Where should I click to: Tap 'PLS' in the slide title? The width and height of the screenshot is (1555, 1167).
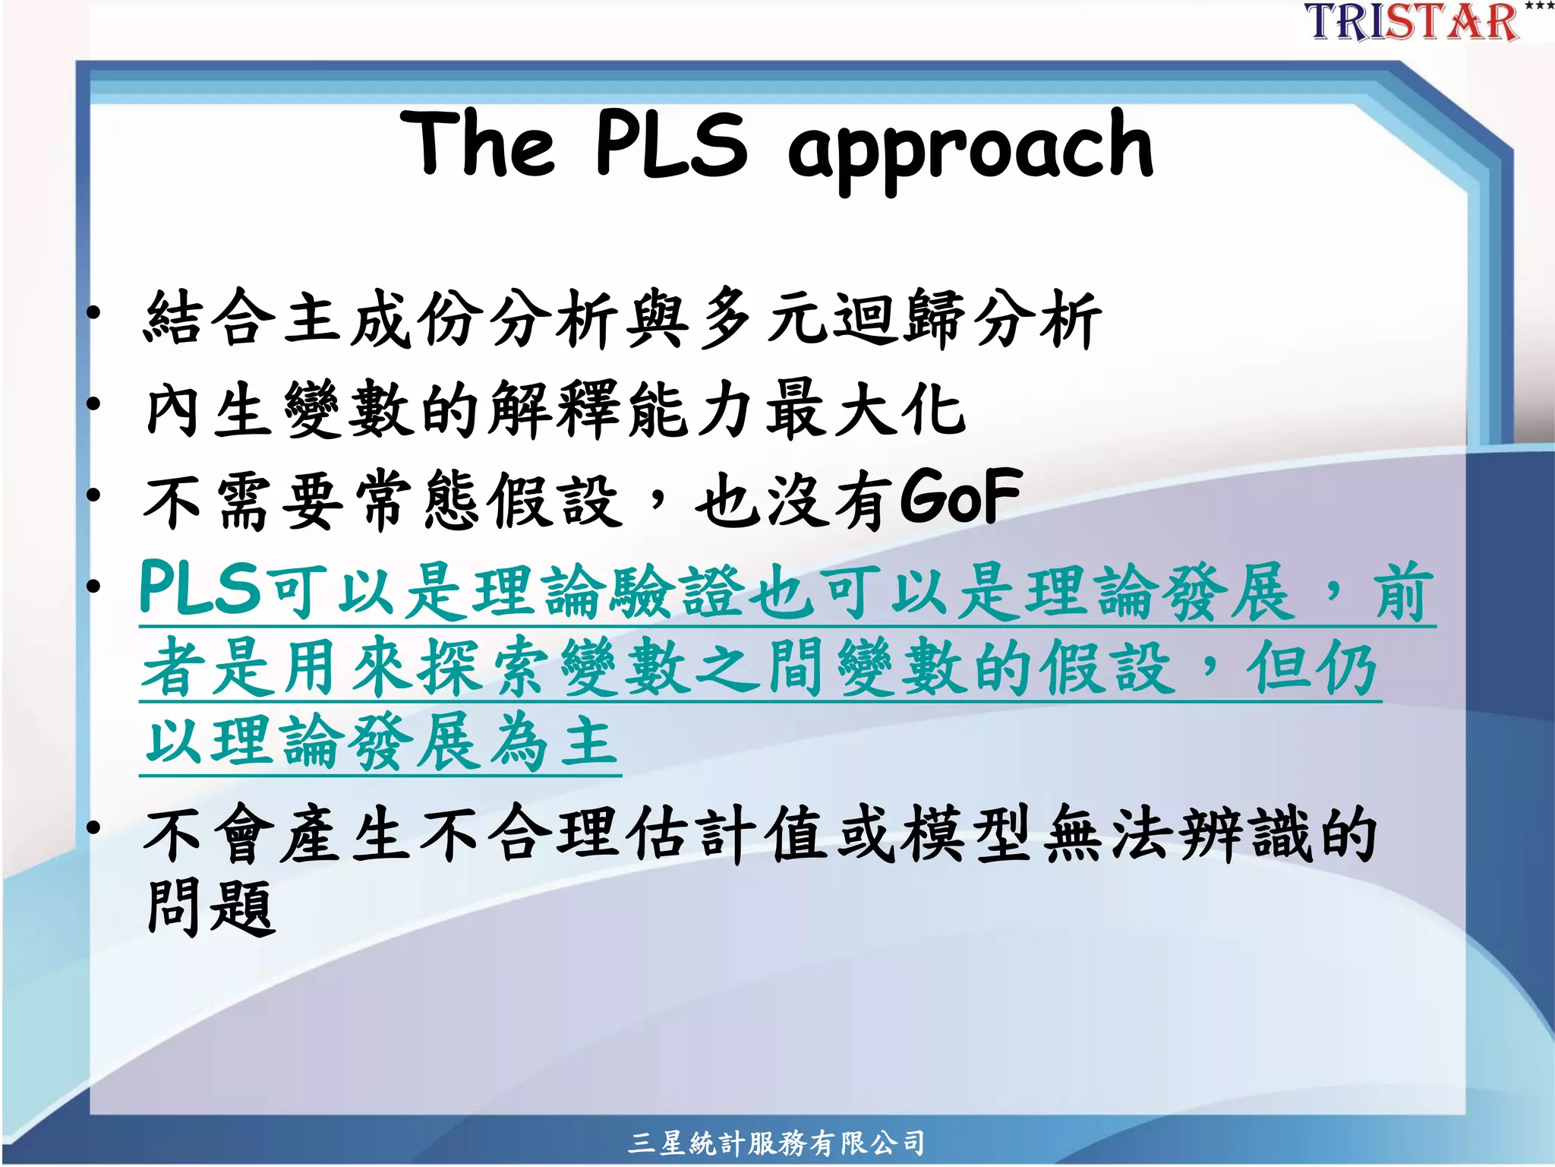pyautogui.click(x=671, y=144)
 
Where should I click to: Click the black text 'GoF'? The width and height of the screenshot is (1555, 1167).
pyautogui.click(x=961, y=498)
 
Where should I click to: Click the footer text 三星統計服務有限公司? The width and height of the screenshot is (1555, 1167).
pyautogui.click(x=776, y=1143)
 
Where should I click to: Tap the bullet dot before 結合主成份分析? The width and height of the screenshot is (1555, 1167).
pyautogui.click(x=93, y=312)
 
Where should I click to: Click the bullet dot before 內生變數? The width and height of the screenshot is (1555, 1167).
pyautogui.click(x=93, y=403)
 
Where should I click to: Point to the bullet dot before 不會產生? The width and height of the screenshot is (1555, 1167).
pyautogui.click(x=93, y=828)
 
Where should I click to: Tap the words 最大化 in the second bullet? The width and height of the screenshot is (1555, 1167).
pyautogui.click(x=866, y=410)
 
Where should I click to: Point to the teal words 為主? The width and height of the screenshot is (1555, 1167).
pyautogui.click(x=554, y=742)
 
